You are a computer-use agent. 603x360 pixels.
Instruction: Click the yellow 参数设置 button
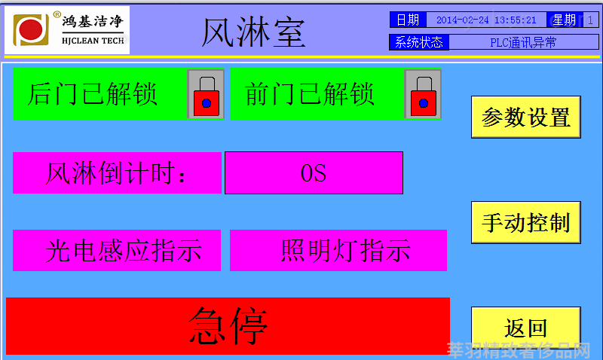click(x=525, y=117)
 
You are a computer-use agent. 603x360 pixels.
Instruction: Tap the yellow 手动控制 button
click(x=525, y=222)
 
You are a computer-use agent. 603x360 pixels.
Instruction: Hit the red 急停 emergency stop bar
click(x=228, y=326)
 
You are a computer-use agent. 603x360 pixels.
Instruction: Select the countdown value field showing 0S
click(x=314, y=173)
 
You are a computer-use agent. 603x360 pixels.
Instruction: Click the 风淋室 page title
click(x=253, y=32)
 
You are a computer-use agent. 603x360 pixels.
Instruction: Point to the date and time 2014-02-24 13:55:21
click(x=486, y=20)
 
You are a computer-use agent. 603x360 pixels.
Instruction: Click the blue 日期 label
click(x=408, y=20)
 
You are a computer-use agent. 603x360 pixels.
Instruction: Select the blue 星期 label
click(x=564, y=20)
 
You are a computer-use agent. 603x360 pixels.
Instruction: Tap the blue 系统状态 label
click(x=419, y=42)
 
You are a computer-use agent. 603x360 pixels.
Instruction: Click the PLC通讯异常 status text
click(x=523, y=42)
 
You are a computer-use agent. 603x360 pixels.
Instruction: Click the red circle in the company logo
click(x=31, y=29)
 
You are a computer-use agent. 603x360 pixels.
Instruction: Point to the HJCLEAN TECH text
click(x=93, y=41)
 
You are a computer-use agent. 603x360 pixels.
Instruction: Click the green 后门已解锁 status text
click(x=92, y=94)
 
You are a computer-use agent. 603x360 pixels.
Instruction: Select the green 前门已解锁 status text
click(x=310, y=94)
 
